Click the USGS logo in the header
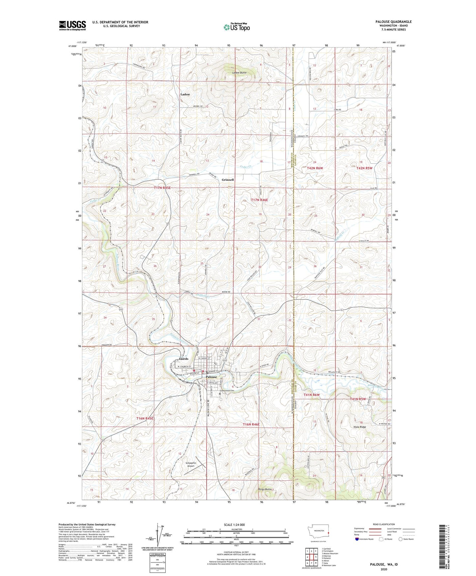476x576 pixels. pos(72,25)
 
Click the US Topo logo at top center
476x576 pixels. pos(236,27)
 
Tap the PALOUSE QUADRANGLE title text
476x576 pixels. pos(393,22)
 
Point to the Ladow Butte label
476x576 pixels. pos(239,73)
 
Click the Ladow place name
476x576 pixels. pos(185,95)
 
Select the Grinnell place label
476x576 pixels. pos(228,180)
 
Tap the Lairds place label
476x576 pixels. pos(183,359)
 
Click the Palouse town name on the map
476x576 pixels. pos(211,377)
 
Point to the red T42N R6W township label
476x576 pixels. pos(315,168)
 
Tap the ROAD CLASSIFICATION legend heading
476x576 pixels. pos(384,524)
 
